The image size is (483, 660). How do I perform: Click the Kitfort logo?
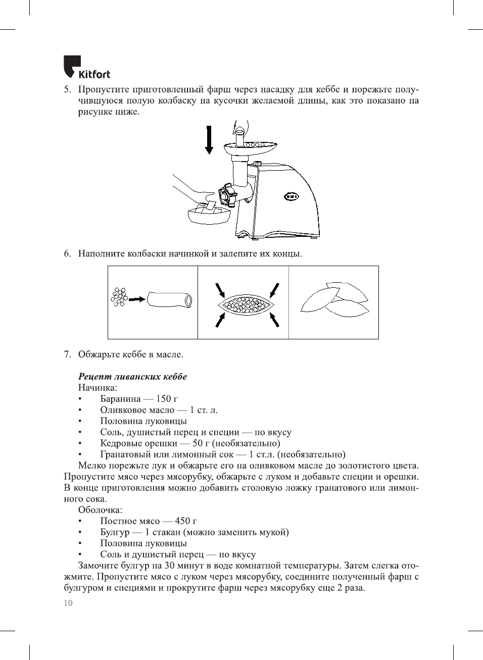pyautogui.click(x=86, y=68)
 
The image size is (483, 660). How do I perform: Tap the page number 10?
pyautogui.click(x=68, y=603)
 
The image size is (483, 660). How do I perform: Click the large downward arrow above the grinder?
pyautogui.click(x=209, y=140)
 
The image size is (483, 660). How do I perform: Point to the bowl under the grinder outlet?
pyautogui.click(x=209, y=216)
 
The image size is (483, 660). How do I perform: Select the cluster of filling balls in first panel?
pyautogui.click(x=119, y=297)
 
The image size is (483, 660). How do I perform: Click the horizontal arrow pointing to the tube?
pyautogui.click(x=137, y=299)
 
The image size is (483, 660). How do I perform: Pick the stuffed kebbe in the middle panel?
pyautogui.click(x=246, y=304)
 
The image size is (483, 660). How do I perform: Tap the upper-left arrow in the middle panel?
pyautogui.click(x=220, y=290)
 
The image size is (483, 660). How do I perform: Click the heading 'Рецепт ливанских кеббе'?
pyautogui.click(x=132, y=377)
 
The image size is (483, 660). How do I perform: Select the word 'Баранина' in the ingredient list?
pyautogui.click(x=120, y=399)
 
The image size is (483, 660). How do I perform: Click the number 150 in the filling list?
pyautogui.click(x=163, y=399)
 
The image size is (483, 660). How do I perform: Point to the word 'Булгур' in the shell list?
pyautogui.click(x=115, y=532)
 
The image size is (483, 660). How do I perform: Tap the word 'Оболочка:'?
pyautogui.click(x=100, y=510)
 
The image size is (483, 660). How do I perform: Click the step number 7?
pyautogui.click(x=67, y=354)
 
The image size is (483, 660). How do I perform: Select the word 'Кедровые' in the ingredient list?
pyautogui.click(x=120, y=443)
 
